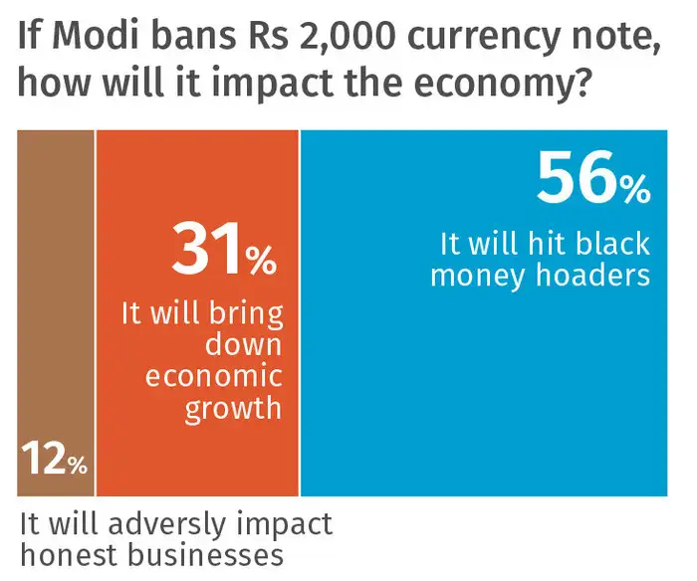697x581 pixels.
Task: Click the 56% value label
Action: [593, 180]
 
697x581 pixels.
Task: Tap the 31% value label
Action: [224, 251]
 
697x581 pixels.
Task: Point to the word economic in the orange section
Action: [214, 378]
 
